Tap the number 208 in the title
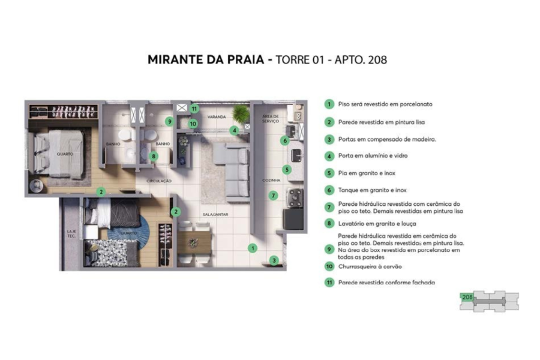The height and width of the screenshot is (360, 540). pyautogui.click(x=376, y=61)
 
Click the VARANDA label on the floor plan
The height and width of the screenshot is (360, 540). pyautogui.click(x=216, y=116)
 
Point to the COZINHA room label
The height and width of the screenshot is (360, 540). pyautogui.click(x=271, y=180)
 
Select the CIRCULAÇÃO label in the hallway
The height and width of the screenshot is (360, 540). pyautogui.click(x=160, y=181)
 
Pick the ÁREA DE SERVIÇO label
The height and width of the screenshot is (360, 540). pyautogui.click(x=271, y=119)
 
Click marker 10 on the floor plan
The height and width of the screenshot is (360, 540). pyautogui.click(x=192, y=124)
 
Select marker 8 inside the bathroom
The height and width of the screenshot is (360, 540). pyautogui.click(x=154, y=157)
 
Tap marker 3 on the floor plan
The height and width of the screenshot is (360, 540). pyautogui.click(x=274, y=260)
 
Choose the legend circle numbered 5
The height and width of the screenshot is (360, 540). pyautogui.click(x=329, y=173)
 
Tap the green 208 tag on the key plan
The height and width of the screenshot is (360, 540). pyautogui.click(x=467, y=297)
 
